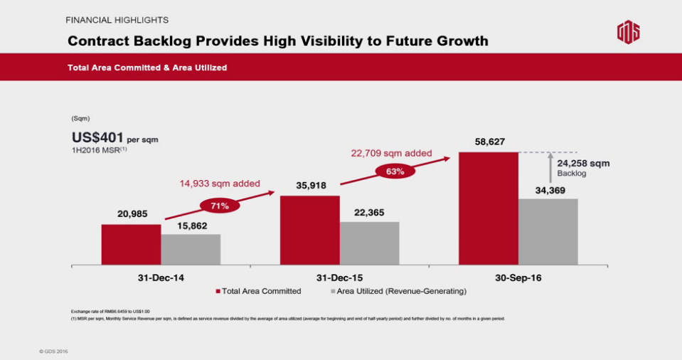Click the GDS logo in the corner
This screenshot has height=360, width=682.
click(627, 33)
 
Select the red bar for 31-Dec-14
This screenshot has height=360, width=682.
click(131, 245)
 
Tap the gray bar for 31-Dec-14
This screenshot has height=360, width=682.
click(191, 250)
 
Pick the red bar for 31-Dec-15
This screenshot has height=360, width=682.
click(309, 230)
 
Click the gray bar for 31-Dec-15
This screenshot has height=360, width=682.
click(369, 243)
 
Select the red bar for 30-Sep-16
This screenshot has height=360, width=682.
click(489, 208)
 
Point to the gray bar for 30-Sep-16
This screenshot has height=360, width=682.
click(548, 232)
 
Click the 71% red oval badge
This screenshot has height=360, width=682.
click(220, 206)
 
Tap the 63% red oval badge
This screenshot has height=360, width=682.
click(395, 171)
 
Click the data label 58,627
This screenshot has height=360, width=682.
click(490, 142)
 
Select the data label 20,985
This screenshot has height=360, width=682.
click(132, 214)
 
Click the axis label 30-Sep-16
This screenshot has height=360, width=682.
click(518, 277)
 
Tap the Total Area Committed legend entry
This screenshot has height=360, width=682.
click(258, 291)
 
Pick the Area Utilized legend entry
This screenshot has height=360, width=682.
click(398, 291)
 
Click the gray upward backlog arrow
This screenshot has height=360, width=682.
click(549, 169)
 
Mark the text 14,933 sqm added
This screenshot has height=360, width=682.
click(219, 184)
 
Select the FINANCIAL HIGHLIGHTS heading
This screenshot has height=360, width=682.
click(117, 20)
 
